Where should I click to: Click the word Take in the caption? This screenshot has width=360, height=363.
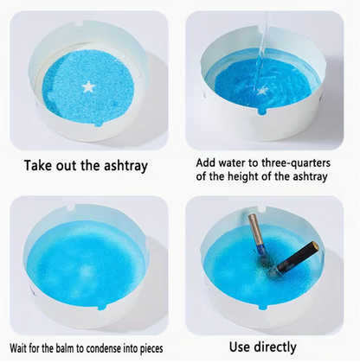pyautogui.click(x=41, y=165)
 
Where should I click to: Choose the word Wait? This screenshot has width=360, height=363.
pyautogui.click(x=21, y=347)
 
